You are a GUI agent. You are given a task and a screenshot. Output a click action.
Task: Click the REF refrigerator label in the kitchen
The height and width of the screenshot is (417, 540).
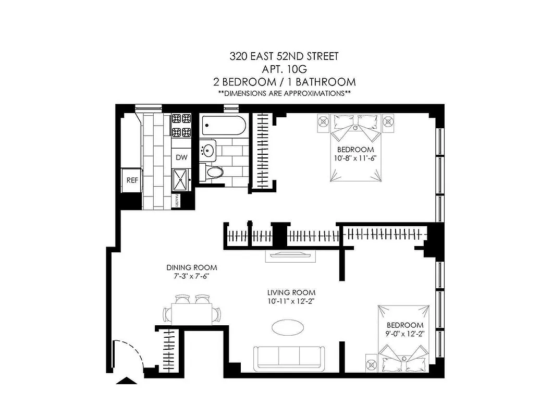[132, 180]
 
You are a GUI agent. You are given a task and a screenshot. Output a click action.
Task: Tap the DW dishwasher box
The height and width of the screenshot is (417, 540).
[181, 157]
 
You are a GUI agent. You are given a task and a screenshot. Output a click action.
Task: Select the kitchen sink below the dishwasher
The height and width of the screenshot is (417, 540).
[181, 180]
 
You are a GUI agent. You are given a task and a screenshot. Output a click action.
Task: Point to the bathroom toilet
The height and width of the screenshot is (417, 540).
[213, 172]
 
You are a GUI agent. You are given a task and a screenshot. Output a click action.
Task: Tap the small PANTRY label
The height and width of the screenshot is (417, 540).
[177, 200]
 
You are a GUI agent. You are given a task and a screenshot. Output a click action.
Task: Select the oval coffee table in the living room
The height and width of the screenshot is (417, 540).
[288, 328]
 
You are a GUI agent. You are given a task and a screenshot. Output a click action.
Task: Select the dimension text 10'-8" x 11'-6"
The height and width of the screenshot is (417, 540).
[355, 158]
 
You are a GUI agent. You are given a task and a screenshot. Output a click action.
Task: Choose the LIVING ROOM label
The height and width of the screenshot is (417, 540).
[291, 292]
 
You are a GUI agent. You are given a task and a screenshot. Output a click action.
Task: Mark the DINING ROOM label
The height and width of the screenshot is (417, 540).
[195, 267]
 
